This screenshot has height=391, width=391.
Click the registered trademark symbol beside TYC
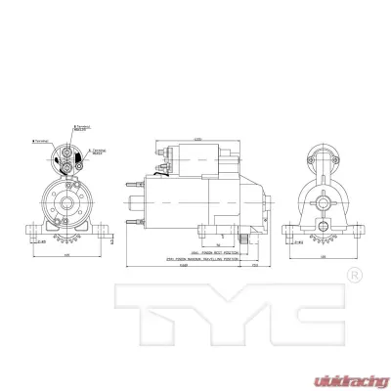point(356,276)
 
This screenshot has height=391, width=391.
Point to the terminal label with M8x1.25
point(83,128)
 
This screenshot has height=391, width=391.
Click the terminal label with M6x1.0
point(98,152)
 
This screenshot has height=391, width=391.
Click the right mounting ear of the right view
point(356,227)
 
